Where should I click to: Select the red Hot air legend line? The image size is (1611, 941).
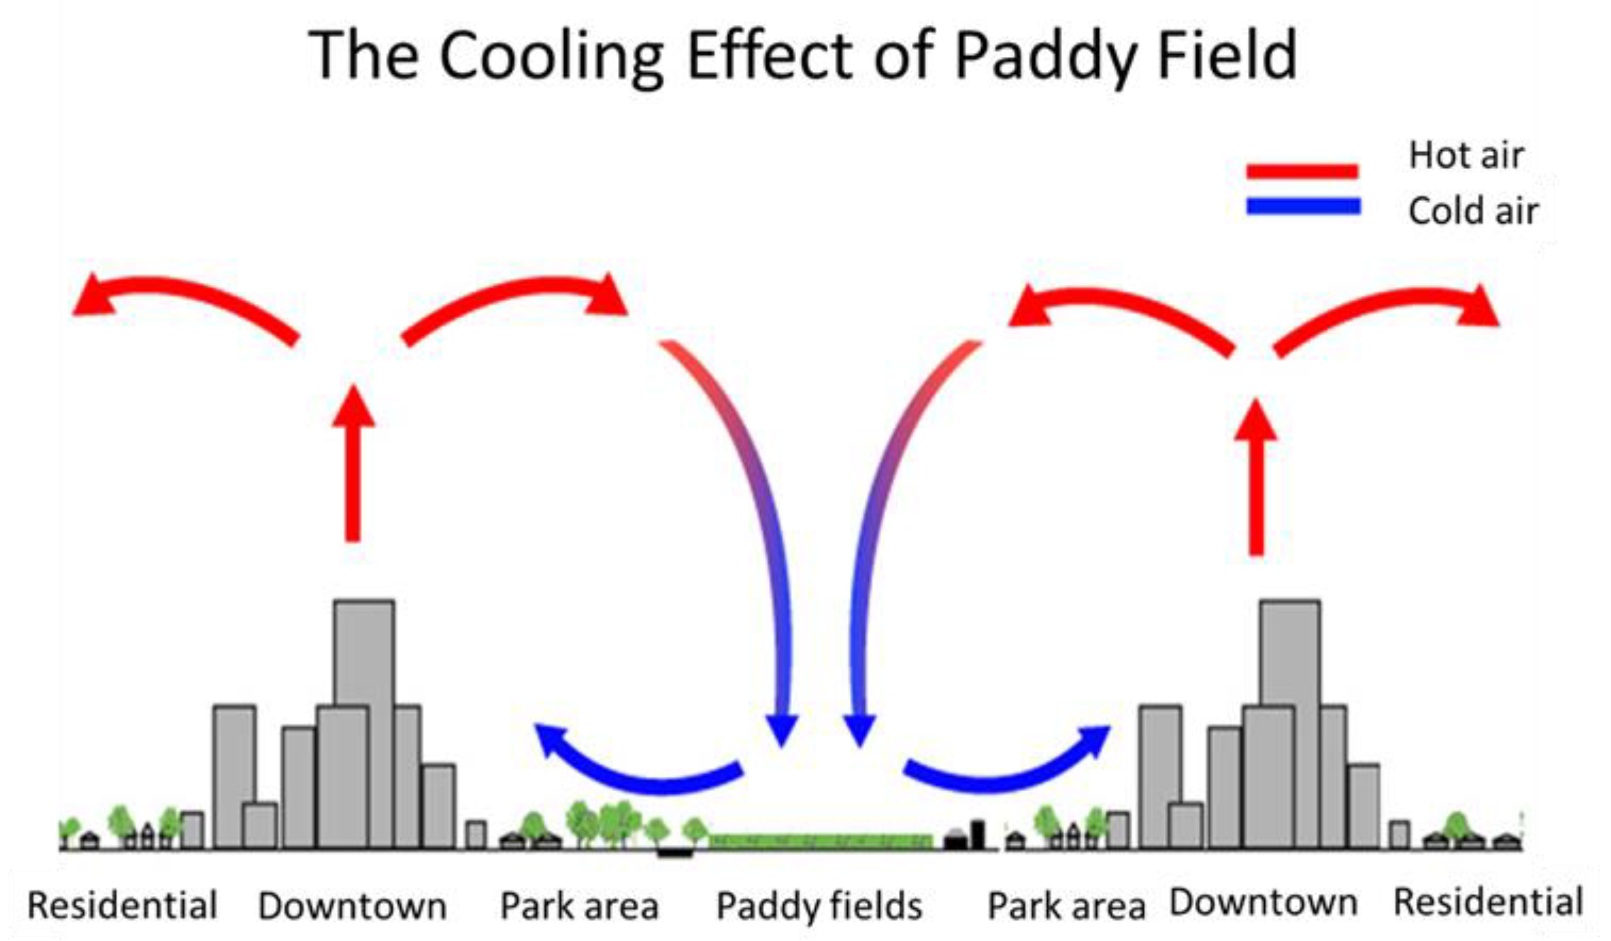pos(1302,171)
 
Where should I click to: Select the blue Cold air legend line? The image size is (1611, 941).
pos(1304,207)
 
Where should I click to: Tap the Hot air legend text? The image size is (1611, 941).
pos(1466,155)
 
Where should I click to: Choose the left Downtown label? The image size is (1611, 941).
pos(352,906)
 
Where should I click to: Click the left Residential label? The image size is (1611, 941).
pos(123,906)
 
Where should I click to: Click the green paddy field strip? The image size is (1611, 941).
pos(820,841)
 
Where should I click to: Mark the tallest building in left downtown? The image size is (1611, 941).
pos(364,653)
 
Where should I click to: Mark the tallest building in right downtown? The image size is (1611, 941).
pos(1290,653)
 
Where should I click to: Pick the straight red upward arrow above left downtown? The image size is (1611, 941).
pos(353,463)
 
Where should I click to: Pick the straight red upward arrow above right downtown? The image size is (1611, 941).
pos(1256,476)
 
